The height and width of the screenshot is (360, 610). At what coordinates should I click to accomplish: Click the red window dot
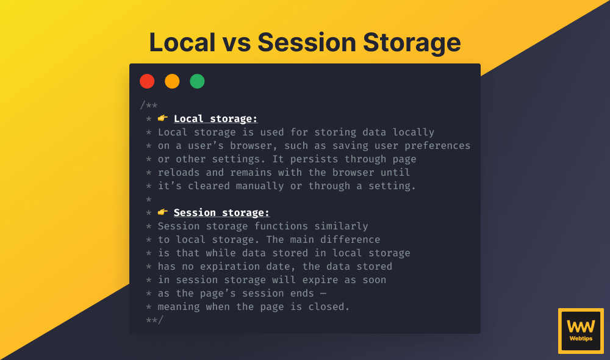147,81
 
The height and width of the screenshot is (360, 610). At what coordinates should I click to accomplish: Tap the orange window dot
172,81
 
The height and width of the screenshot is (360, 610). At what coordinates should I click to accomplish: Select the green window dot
197,81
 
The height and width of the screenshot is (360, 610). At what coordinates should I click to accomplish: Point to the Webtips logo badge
580,330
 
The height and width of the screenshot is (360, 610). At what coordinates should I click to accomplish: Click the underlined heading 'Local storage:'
215,118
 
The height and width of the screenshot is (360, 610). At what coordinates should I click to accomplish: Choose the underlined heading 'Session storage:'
221,212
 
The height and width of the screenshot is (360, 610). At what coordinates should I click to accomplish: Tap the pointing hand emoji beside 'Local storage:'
163,118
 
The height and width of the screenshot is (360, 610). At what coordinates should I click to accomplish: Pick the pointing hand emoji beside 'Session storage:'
163,212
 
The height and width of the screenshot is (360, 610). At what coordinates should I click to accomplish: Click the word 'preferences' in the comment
437,145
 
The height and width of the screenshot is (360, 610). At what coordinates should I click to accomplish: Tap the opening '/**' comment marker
148,105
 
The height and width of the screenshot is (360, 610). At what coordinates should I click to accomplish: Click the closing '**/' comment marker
154,320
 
